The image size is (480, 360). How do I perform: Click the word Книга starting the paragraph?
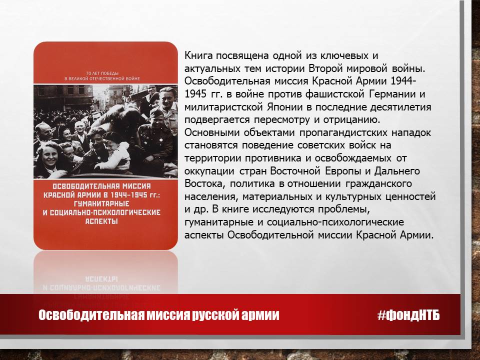(198, 55)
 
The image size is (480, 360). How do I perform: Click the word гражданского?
(378, 183)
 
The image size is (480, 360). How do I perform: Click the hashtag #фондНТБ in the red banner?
(408, 315)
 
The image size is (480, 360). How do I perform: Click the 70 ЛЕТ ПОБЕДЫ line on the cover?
(102, 73)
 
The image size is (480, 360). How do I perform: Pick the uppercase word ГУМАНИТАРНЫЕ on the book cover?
(101, 203)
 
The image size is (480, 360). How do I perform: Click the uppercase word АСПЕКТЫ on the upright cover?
(101, 221)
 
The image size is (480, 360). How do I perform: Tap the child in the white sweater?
(115, 151)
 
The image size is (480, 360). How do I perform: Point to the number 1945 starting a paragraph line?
(196, 94)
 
